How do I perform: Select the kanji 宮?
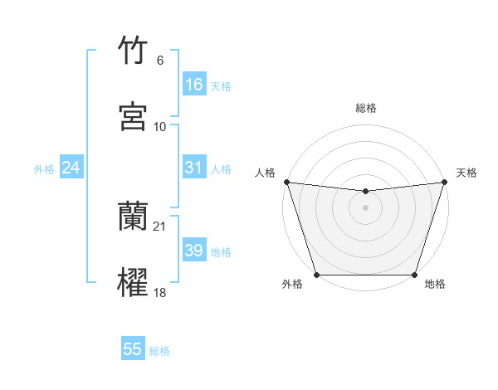coord(133,116)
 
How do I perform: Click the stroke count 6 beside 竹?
coord(160,61)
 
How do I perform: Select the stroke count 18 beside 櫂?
coord(160,291)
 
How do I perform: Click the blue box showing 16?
coord(194,85)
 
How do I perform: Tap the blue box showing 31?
coord(194,168)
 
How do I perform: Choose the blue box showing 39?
coord(194,251)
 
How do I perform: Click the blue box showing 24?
coord(71,168)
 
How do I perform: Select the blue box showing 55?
coord(133,349)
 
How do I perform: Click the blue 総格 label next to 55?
coord(159,351)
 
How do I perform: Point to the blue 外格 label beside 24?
coord(44,169)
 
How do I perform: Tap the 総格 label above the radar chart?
coord(366,108)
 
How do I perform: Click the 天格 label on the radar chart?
coord(466,173)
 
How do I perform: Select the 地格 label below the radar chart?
coord(435,285)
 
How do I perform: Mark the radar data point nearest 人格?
coord(286,182)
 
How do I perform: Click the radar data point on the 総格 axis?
coord(366,192)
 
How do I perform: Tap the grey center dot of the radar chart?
coord(366,207)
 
